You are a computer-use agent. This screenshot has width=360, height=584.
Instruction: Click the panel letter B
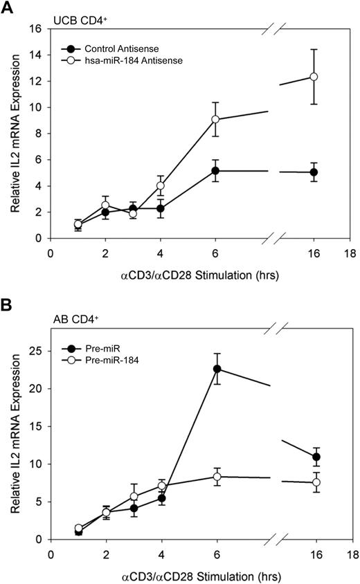click(8, 304)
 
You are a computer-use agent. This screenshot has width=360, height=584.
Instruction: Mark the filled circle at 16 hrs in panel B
click(316, 457)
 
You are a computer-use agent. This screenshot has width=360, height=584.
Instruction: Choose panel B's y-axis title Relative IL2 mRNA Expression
click(13, 435)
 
